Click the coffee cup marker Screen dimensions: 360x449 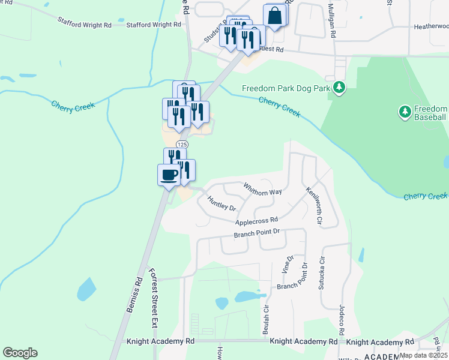coord(168,175)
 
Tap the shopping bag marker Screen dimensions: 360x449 coord(274,16)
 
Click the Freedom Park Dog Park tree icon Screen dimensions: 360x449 coord(339,88)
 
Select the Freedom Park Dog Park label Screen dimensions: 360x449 coord(287,88)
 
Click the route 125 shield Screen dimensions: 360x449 coord(182,145)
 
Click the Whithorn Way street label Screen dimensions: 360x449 coord(262,188)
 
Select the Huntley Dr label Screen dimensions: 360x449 coord(221,203)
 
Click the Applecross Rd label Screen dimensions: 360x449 coord(256,221)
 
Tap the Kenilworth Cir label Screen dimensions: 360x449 coord(314,206)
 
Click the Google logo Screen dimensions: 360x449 coord(20,352)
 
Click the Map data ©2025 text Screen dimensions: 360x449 coord(423,355)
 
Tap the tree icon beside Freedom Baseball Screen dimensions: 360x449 coord(405,112)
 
